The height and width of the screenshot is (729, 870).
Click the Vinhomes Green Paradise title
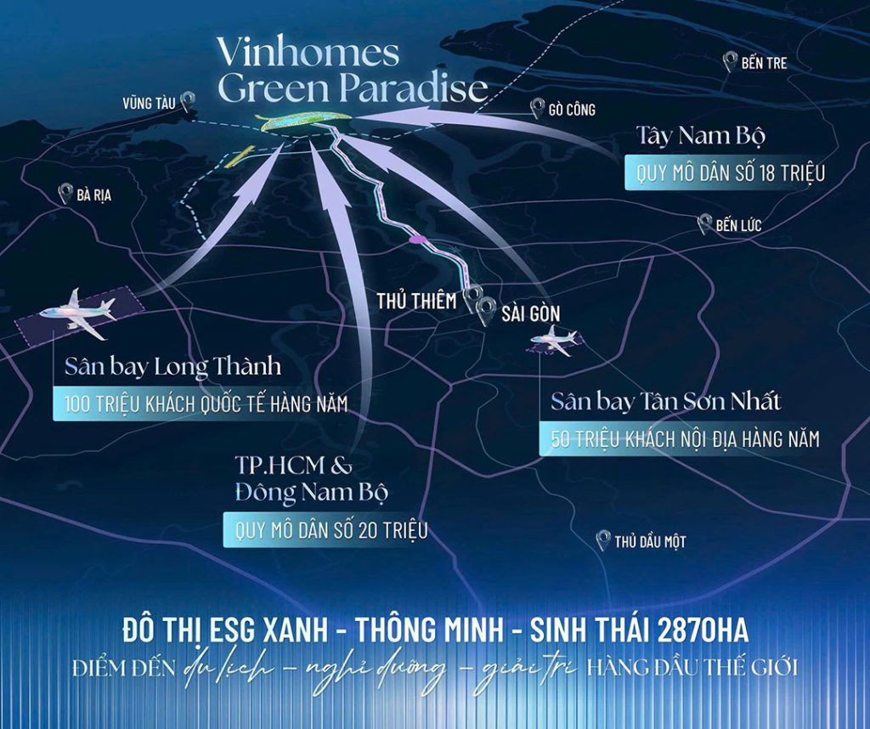click(x=352, y=70)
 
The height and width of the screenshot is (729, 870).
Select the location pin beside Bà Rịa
click(x=65, y=194)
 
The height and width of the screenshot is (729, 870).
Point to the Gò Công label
click(x=572, y=110)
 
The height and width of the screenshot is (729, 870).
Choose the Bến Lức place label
click(x=738, y=226)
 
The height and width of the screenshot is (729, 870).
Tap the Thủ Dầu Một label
click(x=650, y=541)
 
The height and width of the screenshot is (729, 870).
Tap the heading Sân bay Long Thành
click(x=172, y=369)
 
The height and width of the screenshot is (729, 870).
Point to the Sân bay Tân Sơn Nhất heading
click(x=665, y=401)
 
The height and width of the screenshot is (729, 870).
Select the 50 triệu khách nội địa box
click(x=684, y=439)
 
